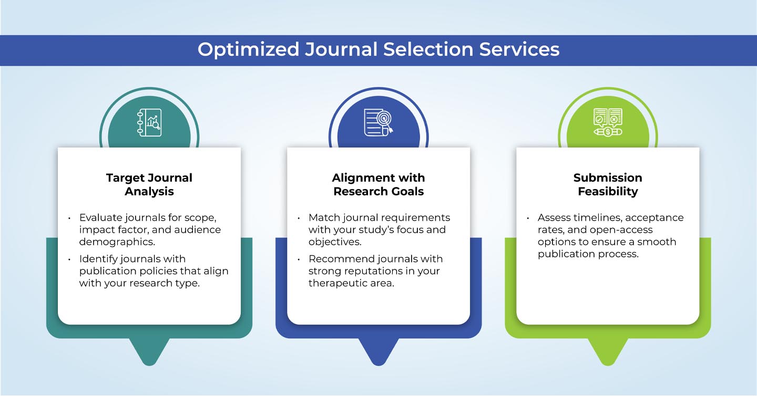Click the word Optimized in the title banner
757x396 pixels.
[x=248, y=49]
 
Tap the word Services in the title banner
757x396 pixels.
[x=519, y=49]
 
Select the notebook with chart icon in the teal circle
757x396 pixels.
[x=149, y=122]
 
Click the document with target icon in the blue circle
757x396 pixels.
[x=378, y=122]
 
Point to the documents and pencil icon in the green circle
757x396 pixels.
[x=608, y=122]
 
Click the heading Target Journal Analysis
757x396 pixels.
[x=149, y=184]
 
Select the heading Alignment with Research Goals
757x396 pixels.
[x=378, y=184]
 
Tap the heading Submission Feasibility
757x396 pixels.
[x=608, y=184]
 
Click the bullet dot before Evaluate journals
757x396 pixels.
[x=69, y=218]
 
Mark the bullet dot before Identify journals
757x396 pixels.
[x=69, y=259]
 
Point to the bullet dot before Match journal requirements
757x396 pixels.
[x=299, y=218]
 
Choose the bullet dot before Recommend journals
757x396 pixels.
[x=299, y=259]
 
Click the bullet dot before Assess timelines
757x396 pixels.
[x=528, y=218]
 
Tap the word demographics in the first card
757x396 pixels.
[x=117, y=242]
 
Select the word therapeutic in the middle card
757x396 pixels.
[x=338, y=283]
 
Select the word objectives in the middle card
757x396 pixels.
[x=334, y=242]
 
